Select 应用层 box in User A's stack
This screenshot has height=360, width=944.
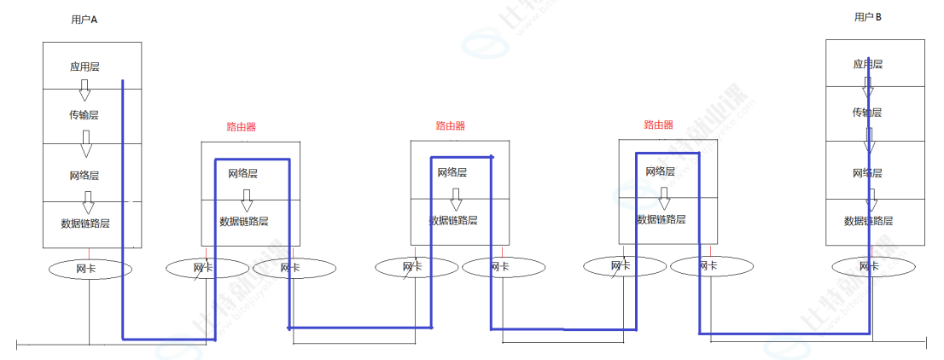click(x=84, y=66)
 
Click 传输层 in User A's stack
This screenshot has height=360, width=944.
click(x=84, y=114)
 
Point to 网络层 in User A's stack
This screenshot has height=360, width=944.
click(x=84, y=175)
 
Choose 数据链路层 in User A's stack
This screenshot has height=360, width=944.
click(x=85, y=224)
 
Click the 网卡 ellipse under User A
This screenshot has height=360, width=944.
click(x=90, y=269)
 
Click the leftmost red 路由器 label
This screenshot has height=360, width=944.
click(x=242, y=126)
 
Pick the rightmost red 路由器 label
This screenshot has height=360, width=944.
click(x=659, y=125)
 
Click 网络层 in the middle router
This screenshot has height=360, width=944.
click(x=453, y=172)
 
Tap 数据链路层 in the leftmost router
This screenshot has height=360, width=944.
click(x=244, y=221)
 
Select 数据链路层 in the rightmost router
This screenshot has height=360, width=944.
click(x=661, y=218)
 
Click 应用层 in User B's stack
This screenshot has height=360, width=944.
click(x=867, y=64)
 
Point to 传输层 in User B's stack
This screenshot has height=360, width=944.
click(x=867, y=113)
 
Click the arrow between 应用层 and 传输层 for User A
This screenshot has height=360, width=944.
click(x=84, y=90)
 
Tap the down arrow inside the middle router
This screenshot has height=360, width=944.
click(x=456, y=199)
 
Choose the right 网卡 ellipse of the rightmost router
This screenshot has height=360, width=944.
click(x=708, y=266)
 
